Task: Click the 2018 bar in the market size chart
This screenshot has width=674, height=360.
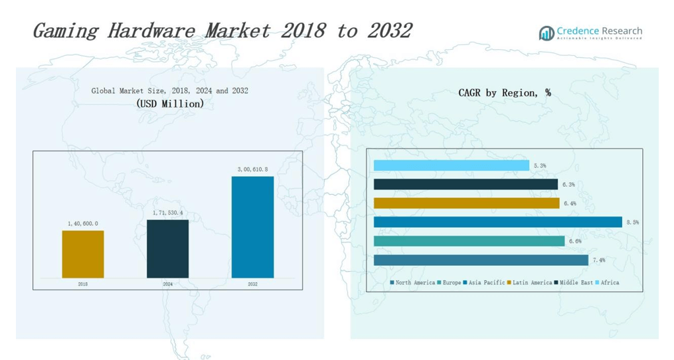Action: (x=83, y=254)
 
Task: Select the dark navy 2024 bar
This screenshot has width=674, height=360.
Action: (x=167, y=248)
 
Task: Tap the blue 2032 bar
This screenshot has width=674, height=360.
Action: (x=252, y=226)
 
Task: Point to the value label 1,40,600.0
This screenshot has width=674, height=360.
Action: (x=83, y=224)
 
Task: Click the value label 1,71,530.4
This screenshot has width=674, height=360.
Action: (x=167, y=213)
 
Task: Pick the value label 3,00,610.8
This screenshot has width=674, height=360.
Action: (x=252, y=170)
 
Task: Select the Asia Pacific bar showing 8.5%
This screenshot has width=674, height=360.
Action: (x=497, y=222)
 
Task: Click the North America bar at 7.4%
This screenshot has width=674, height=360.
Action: (x=481, y=260)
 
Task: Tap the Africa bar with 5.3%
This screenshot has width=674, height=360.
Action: (x=451, y=165)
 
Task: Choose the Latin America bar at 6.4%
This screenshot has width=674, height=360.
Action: (x=466, y=203)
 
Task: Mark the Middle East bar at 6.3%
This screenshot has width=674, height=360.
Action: (x=465, y=184)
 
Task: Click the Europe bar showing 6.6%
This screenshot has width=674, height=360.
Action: (x=469, y=241)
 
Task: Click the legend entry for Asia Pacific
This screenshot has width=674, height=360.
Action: (x=485, y=283)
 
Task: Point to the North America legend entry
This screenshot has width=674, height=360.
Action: (x=413, y=283)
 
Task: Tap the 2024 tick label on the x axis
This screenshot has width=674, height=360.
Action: (x=167, y=284)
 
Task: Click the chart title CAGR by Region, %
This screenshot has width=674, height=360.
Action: (x=504, y=93)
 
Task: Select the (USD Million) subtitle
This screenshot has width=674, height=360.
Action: (x=170, y=104)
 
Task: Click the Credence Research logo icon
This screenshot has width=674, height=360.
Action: (x=546, y=33)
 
